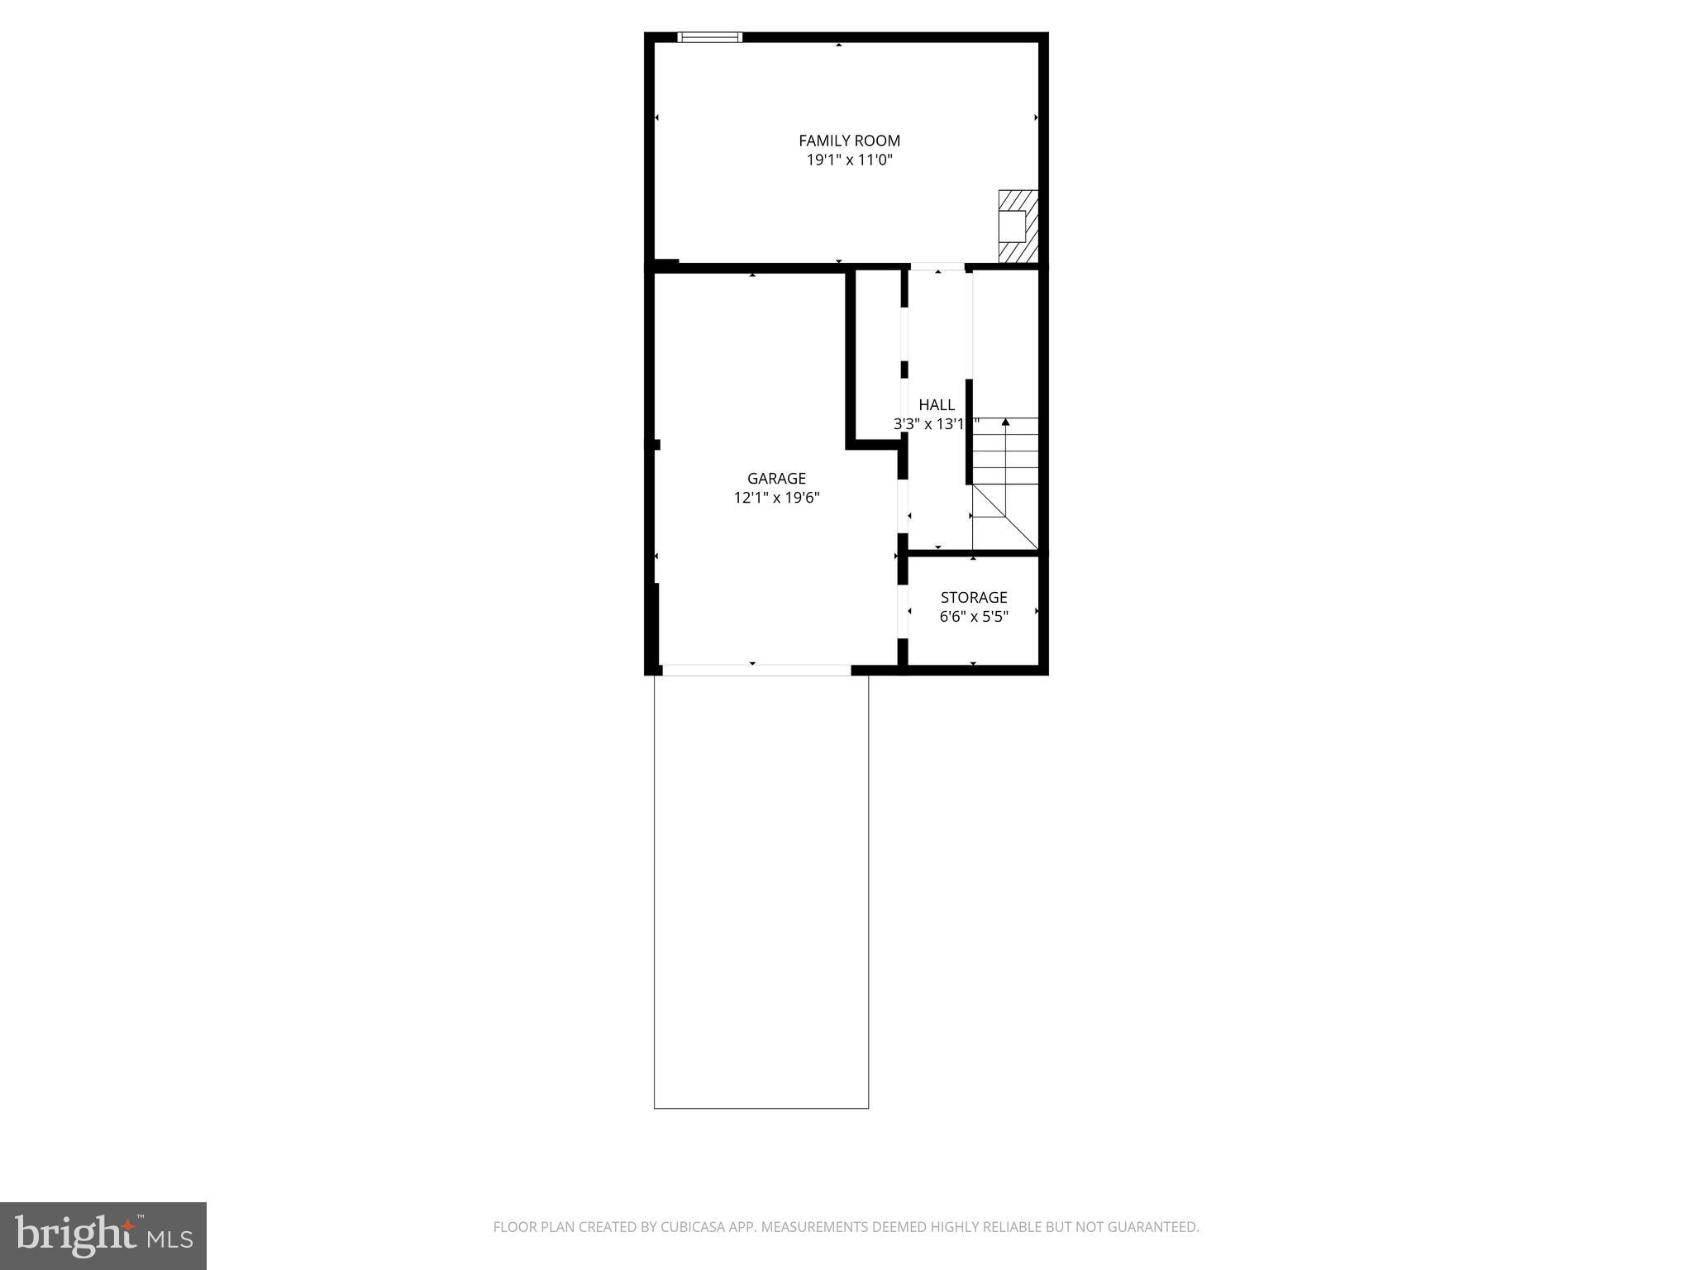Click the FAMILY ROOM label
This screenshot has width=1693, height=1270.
pos(849,141)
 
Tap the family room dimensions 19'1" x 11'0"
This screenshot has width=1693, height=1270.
pos(849,160)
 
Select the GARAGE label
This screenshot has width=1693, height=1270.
pos(776,478)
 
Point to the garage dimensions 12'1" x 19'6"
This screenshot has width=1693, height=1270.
pos(776,498)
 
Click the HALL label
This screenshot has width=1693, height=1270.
pos(937,404)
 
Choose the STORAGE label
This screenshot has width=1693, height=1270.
pos(974,597)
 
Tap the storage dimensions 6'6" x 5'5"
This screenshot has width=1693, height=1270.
pos(974,617)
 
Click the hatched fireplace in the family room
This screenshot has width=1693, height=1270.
pos(1018,227)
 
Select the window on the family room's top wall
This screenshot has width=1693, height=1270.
pos(709,37)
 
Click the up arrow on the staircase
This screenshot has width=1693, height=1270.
pos(1005,423)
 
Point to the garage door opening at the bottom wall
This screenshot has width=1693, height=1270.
pos(756,670)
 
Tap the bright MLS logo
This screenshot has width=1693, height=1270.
pos(103,1235)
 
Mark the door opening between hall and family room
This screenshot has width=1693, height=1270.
pos(937,267)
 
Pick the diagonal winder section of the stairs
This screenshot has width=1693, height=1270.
pos(1004,518)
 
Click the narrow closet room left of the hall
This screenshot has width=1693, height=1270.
pos(878,356)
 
